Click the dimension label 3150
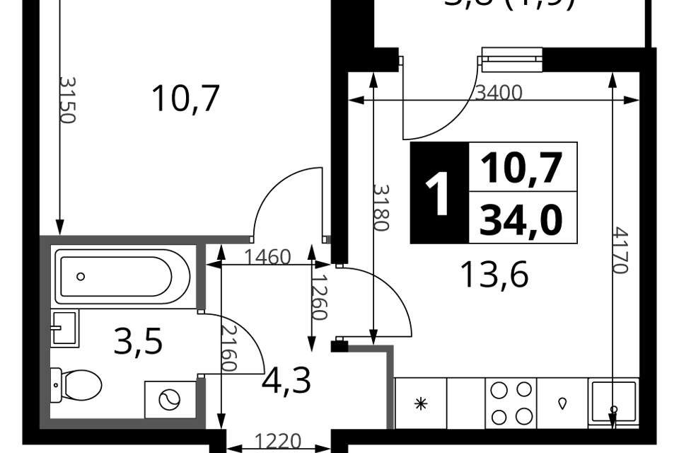pos(67,100)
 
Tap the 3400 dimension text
pos(498,93)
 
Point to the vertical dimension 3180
pos(381,207)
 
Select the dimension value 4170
pos(620,250)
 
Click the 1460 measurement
pos(267,257)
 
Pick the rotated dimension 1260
pos(320,297)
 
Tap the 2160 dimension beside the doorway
pos(228,348)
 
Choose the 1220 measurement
pos(278,442)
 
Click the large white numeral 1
pos(439,195)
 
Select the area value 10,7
pos(522,168)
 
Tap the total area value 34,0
pos(522,219)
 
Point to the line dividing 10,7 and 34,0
pos(523,191)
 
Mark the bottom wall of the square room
pos(124,423)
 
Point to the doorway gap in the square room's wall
pos(201,344)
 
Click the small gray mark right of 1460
pos(328,240)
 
